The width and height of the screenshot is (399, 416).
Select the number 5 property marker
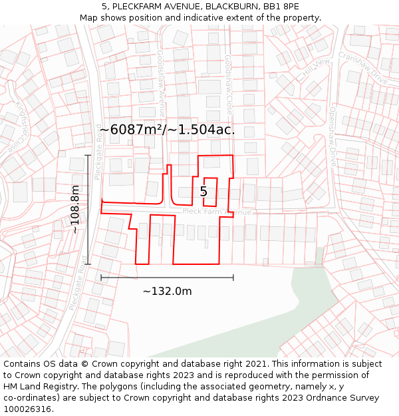pyautogui.click(x=203, y=192)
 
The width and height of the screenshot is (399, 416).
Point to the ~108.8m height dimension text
pyautogui.click(x=74, y=209)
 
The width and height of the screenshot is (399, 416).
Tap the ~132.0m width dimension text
pyautogui.click(x=167, y=291)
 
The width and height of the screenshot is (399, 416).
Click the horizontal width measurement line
pyautogui.click(x=167, y=277)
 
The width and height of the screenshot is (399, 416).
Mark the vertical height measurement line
pyautogui.click(x=88, y=210)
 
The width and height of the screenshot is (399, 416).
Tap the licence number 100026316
pyautogui.click(x=29, y=409)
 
